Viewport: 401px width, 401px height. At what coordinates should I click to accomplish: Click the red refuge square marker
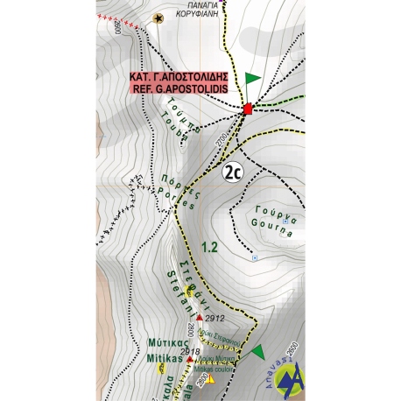click(248, 109)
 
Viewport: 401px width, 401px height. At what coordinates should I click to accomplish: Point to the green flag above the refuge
click(253, 79)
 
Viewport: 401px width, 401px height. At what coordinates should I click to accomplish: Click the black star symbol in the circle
click(158, 17)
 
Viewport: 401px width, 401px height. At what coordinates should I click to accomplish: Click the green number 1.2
click(208, 248)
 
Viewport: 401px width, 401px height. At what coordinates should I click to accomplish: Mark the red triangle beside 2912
click(200, 316)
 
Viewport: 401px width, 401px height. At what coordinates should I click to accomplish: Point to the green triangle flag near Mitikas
click(257, 353)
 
